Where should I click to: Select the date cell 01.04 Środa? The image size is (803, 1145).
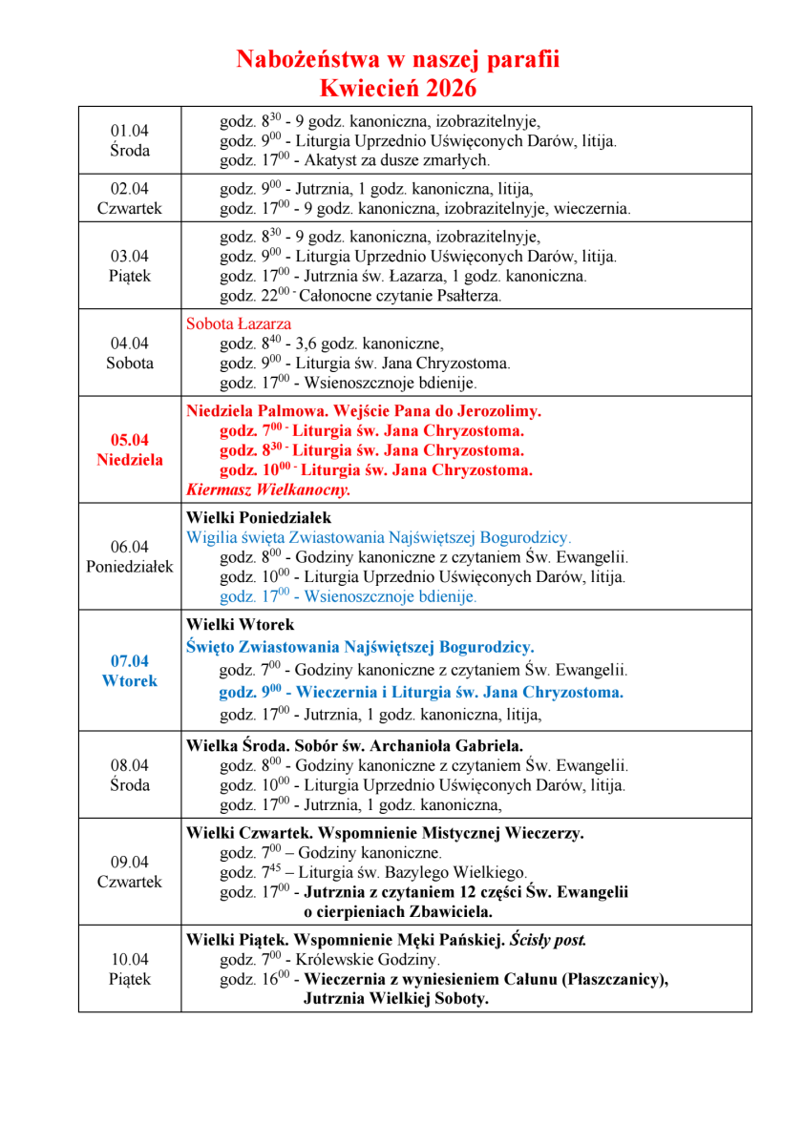pyautogui.click(x=130, y=140)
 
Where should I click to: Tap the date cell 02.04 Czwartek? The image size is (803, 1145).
pyautogui.click(x=130, y=198)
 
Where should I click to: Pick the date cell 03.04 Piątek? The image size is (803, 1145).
pyautogui.click(x=130, y=266)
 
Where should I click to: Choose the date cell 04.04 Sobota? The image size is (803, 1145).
pyautogui.click(x=130, y=353)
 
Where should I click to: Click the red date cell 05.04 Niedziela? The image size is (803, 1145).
pyautogui.click(x=130, y=449)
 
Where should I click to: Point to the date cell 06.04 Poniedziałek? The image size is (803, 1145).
pyautogui.click(x=130, y=556)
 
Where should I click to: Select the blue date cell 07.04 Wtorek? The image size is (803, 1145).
pyautogui.click(x=130, y=671)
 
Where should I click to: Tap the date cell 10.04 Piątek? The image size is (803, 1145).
pyautogui.click(x=130, y=968)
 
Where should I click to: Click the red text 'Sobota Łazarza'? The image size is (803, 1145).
pyautogui.click(x=239, y=324)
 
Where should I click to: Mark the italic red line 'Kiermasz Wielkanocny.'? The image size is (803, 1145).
pyautogui.click(x=269, y=490)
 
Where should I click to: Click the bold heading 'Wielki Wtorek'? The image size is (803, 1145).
pyautogui.click(x=242, y=626)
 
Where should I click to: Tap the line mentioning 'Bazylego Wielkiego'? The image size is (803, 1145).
pyautogui.click(x=373, y=873)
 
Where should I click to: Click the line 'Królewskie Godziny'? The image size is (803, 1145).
pyautogui.click(x=329, y=959)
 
